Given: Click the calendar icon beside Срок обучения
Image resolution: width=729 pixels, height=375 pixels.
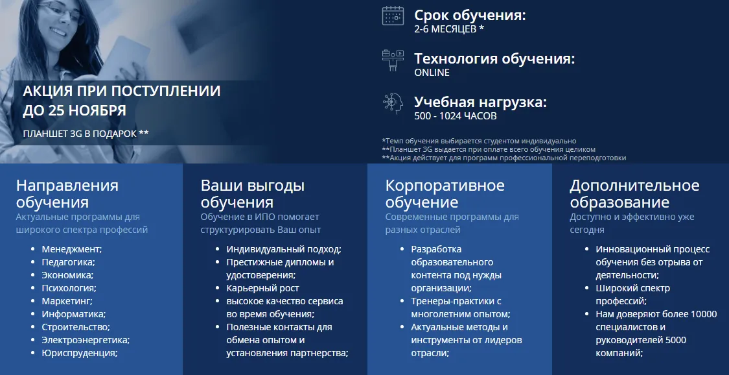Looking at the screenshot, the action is pos(393,16).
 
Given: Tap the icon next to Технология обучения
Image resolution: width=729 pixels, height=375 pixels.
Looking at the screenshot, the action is pos(393,60).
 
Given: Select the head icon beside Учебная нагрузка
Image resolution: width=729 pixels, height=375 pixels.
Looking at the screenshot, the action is pos(393,103).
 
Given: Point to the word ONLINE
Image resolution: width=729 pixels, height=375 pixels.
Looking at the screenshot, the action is pos(432,73).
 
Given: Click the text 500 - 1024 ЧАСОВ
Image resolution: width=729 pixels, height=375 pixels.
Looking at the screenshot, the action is pos(455,116).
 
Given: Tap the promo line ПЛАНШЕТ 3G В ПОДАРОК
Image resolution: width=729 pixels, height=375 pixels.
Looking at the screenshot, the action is pos(86,134).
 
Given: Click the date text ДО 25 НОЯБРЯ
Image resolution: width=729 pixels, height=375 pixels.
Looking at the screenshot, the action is pos(75,111).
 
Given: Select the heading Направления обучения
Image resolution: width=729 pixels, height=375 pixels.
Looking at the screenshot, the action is pos(67,193).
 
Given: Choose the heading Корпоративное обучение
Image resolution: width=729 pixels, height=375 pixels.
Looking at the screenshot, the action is pos(445,193).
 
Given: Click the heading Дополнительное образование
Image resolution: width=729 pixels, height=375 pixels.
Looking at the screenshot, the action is pos(634,193).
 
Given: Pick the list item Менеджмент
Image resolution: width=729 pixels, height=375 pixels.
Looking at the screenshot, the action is pos(71,249).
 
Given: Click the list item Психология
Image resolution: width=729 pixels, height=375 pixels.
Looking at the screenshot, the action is pos(69,288).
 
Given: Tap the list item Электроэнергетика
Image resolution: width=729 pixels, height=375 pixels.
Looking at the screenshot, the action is pos(86,340).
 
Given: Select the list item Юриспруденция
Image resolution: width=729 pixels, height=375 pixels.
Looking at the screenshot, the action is pos(80,353).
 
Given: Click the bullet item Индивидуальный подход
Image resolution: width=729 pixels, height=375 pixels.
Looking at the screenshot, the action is pos(284,249).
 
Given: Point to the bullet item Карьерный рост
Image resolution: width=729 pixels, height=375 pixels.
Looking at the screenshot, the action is pos(262,288).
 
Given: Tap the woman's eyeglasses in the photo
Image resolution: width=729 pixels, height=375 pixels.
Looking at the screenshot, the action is pos(64,12).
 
